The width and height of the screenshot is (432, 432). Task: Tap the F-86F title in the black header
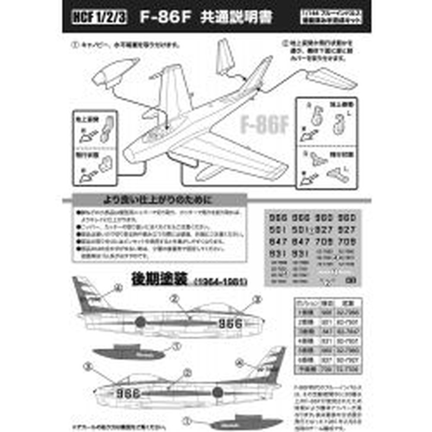click(x=164, y=18)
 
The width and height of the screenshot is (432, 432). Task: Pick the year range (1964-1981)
click(x=220, y=282)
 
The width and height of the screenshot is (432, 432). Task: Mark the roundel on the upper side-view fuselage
click(x=140, y=322)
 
